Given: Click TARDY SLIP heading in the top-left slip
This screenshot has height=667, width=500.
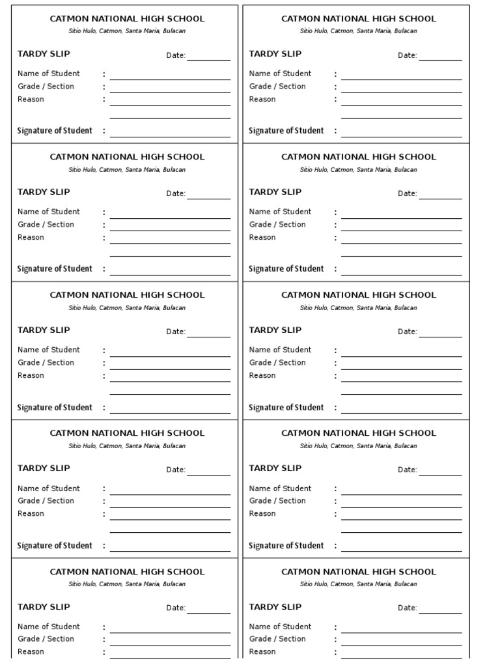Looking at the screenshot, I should (x=44, y=54).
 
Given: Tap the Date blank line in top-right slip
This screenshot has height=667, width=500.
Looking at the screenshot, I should (x=440, y=59).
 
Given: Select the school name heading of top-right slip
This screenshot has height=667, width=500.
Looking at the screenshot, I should (x=359, y=19).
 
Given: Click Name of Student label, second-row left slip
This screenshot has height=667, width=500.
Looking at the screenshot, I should (x=49, y=212).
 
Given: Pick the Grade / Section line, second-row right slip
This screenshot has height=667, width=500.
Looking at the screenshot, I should (x=402, y=230).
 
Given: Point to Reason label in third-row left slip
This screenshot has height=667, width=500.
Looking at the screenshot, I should (x=31, y=376).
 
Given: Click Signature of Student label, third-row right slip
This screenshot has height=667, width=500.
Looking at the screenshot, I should (x=286, y=408).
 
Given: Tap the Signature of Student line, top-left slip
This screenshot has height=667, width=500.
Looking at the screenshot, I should (x=170, y=136).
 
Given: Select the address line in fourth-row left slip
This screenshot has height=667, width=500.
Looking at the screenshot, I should (x=127, y=446).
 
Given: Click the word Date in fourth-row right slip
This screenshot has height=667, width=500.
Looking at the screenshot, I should (x=407, y=470).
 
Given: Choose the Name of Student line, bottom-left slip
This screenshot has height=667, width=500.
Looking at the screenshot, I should (x=170, y=632).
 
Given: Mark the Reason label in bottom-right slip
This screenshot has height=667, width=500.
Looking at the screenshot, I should (x=262, y=652).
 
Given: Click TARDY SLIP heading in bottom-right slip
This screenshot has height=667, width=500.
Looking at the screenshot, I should (x=275, y=607).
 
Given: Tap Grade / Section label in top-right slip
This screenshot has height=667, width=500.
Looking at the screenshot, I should (x=277, y=87).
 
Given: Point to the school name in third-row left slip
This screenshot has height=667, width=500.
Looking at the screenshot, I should (x=127, y=295).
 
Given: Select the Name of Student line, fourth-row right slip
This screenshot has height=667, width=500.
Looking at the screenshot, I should (x=402, y=494).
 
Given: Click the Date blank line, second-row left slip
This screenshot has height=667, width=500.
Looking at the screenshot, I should (x=209, y=198).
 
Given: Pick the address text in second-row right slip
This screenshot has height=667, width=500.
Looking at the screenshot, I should (x=359, y=170).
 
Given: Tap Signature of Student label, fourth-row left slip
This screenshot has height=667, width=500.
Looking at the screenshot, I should (x=55, y=546).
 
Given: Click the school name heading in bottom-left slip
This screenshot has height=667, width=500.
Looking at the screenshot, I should (x=127, y=572).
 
